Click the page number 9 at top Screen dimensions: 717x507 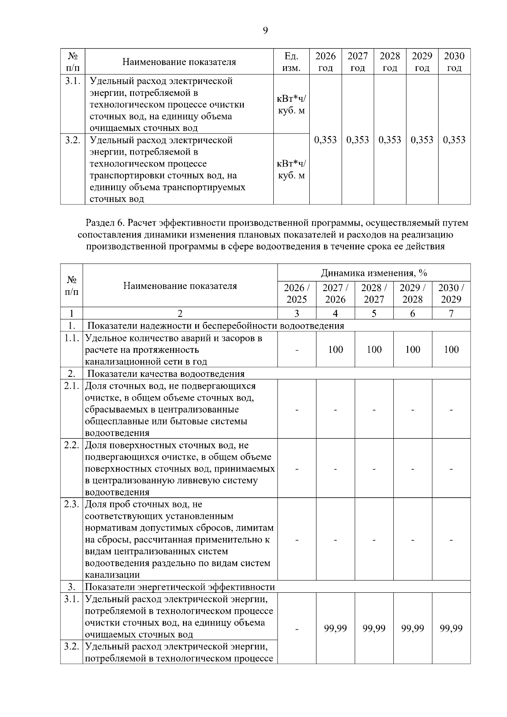coord(265,30)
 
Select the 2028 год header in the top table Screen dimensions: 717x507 coord(390,62)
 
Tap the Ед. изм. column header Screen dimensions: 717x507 coord(292,62)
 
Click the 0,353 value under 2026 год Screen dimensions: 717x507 coord(326,140)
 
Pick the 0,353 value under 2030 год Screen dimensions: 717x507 coord(454,140)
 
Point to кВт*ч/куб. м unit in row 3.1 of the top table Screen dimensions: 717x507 coord(292,104)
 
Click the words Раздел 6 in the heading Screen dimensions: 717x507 coord(104,222)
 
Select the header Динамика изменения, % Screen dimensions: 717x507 coord(374,273)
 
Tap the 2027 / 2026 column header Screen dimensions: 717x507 coord(335,294)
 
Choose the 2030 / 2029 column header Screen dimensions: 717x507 coord(451,294)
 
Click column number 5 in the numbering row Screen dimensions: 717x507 coord(374,314)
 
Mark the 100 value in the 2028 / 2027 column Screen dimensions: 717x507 coord(374,349)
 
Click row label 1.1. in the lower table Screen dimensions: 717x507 coord(72,338)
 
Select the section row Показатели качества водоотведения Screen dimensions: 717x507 coord(166,374)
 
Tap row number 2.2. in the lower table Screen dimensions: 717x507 coord(72,445)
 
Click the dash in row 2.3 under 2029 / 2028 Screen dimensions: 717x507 coord(412,540)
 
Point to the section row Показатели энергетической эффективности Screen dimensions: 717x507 coord(180,587)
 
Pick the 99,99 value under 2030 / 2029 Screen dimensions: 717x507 coord(451,628)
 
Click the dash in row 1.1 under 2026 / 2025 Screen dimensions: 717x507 coord(297,350)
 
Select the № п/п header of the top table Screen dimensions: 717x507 coord(72,62)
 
